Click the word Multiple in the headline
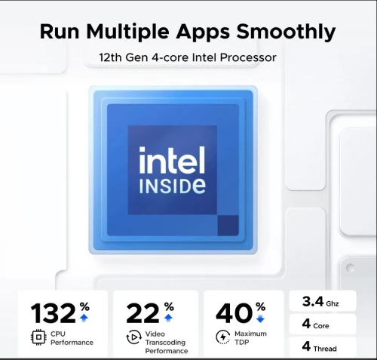click(127, 32)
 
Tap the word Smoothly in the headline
click(286, 32)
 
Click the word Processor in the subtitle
click(248, 57)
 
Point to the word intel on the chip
click(172, 160)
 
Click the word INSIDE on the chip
click(173, 186)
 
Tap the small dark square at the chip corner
click(228, 226)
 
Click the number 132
click(53, 313)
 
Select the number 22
click(143, 313)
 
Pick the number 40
click(234, 313)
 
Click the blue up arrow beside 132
click(84, 318)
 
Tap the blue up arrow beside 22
click(168, 318)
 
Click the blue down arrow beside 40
click(260, 318)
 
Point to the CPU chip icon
click(38, 337)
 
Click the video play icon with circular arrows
click(133, 337)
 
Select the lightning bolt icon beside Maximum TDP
click(223, 337)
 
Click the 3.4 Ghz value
click(320, 301)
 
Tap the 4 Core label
click(315, 324)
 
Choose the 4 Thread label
click(319, 346)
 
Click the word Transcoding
click(165, 343)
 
